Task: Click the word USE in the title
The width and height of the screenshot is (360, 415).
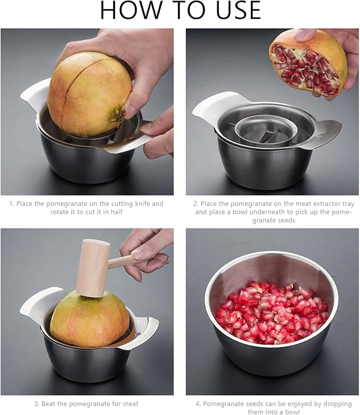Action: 233,11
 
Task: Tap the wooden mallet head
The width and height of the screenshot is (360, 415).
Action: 92,268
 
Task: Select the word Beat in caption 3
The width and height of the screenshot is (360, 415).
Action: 44,404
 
